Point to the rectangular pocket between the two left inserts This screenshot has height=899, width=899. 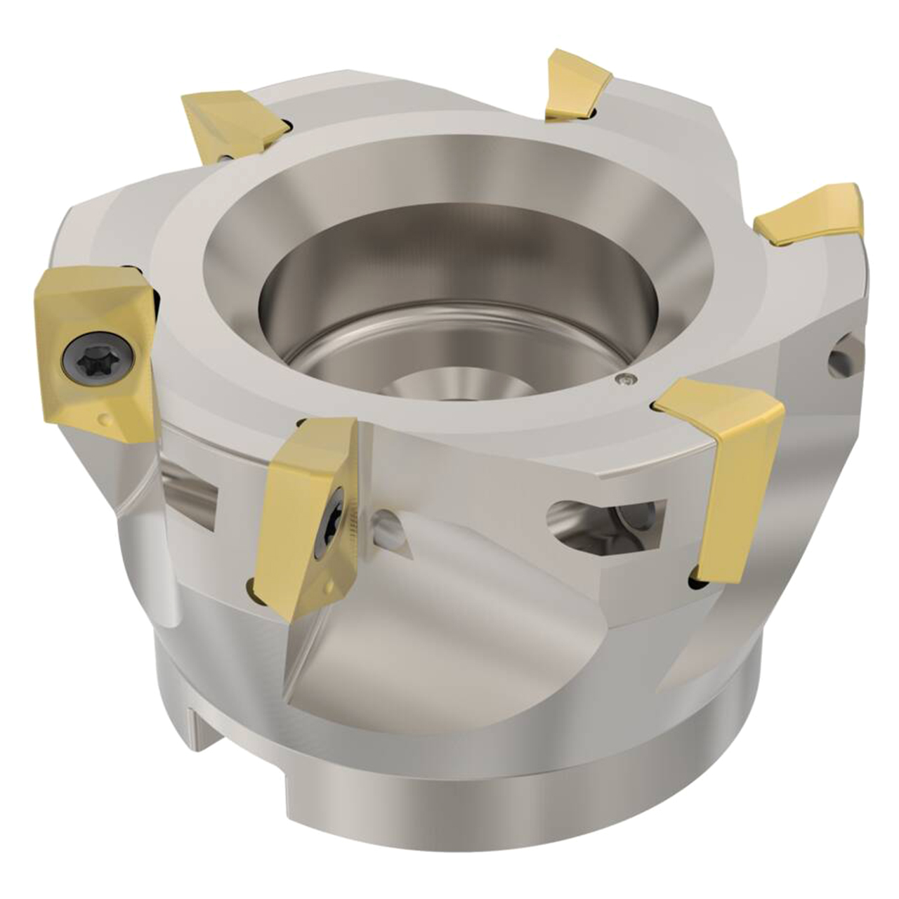(x=193, y=492)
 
